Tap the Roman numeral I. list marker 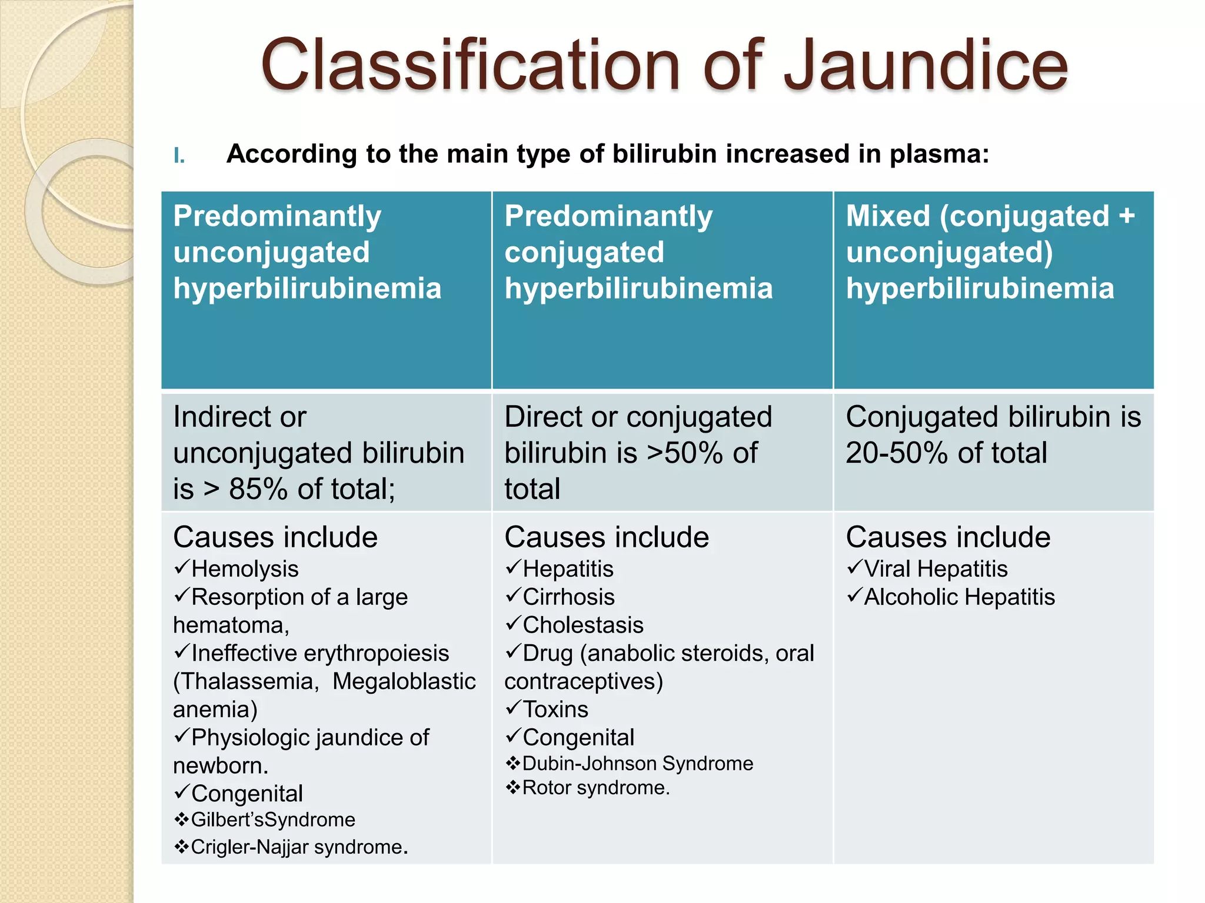pyautogui.click(x=179, y=156)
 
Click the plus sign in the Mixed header pyautogui.click(x=1126, y=216)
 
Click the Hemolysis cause pyautogui.click(x=245, y=569)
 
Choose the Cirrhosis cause pyautogui.click(x=568, y=597)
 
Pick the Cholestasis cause pyautogui.click(x=582, y=625)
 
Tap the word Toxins pyautogui.click(x=555, y=710)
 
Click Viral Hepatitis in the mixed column pyautogui.click(x=936, y=569)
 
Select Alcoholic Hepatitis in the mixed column pyautogui.click(x=959, y=597)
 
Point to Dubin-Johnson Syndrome pyautogui.click(x=637, y=764)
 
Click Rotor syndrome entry pyautogui.click(x=595, y=788)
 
